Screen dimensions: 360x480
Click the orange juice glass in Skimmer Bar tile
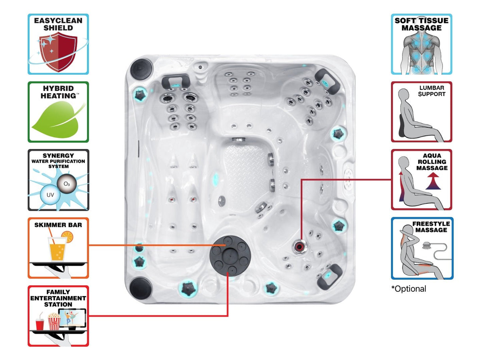tap(57, 249)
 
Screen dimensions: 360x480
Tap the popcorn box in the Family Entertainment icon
tap(53, 321)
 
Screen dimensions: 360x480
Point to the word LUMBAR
tap(432, 88)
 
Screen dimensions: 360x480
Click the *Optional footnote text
tap(409, 289)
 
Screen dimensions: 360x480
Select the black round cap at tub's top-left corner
tap(141, 68)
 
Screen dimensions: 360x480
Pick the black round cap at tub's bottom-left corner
tap(141, 287)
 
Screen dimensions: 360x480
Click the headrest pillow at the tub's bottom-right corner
tap(329, 275)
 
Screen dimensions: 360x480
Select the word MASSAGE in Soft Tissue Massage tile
tap(421, 28)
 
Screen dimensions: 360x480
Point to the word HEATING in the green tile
tap(58, 96)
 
